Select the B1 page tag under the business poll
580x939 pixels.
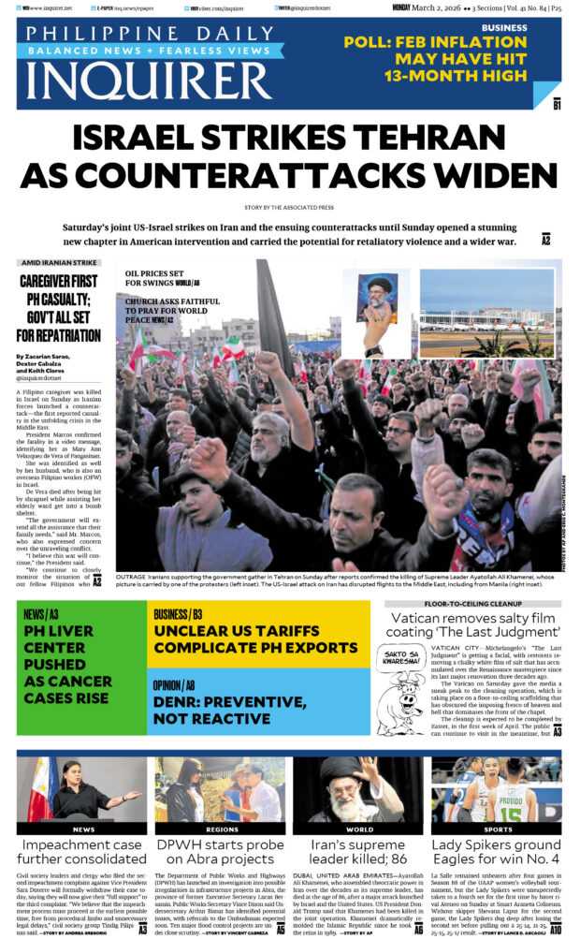point(557,105)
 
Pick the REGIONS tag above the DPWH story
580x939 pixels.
point(221,829)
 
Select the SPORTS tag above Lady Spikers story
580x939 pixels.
point(498,829)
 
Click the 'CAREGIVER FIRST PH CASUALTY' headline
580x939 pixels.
point(59,307)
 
